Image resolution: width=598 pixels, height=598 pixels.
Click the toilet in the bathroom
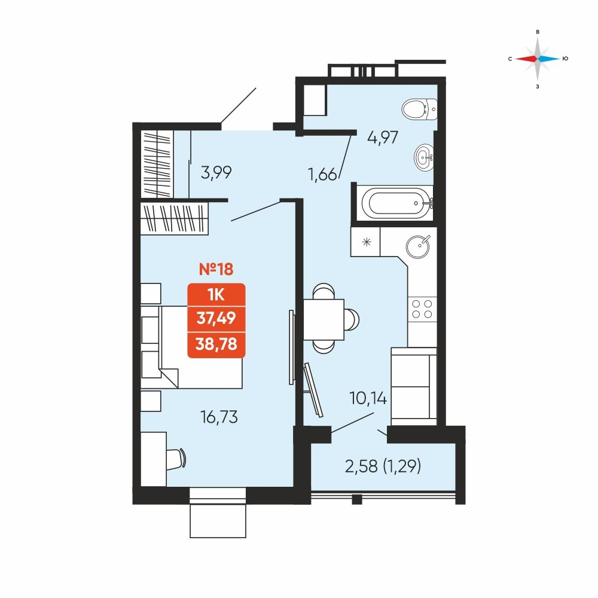[x=420, y=109]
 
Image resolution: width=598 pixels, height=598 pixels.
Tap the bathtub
[x=396, y=203]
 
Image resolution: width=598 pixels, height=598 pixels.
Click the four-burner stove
[x=422, y=309]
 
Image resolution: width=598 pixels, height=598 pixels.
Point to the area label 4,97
[x=383, y=138]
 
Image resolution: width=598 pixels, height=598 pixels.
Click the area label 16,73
[x=219, y=417]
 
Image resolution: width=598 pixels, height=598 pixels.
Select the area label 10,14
[x=368, y=398]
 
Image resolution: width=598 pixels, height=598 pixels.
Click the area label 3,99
[x=216, y=173]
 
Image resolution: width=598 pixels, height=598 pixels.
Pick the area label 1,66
[x=323, y=175]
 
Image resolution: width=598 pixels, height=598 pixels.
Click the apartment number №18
[x=216, y=269]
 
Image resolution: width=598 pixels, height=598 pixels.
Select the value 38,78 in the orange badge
[x=216, y=344]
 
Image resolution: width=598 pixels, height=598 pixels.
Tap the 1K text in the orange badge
[x=216, y=295]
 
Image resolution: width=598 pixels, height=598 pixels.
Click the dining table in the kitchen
[x=324, y=319]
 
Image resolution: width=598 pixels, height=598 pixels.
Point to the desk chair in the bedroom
[x=177, y=459]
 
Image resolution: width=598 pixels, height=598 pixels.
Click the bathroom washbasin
[x=424, y=156]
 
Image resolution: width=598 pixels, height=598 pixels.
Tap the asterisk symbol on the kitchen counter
[x=367, y=242]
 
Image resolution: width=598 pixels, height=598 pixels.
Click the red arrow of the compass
[x=526, y=59]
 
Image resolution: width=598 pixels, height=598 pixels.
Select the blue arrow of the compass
[x=548, y=59]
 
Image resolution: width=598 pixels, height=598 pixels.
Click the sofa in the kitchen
[x=414, y=386]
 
